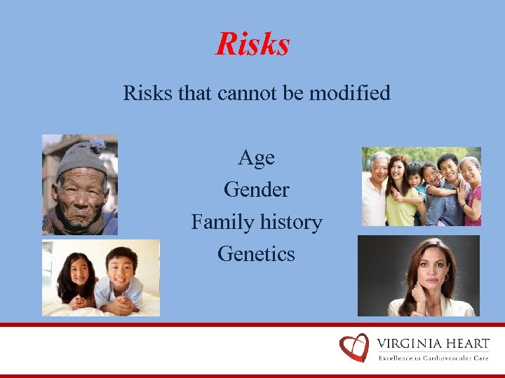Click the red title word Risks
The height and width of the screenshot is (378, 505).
(252, 44)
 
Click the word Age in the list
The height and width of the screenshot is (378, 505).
(256, 158)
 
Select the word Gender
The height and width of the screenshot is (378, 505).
(256, 190)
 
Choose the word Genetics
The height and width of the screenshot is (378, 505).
(256, 253)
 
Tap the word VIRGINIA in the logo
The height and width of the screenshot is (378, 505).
(410, 344)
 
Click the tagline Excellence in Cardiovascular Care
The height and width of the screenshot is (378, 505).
(433, 358)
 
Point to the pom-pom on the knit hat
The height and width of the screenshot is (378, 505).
(96, 143)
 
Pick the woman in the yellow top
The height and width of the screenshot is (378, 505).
(398, 189)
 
